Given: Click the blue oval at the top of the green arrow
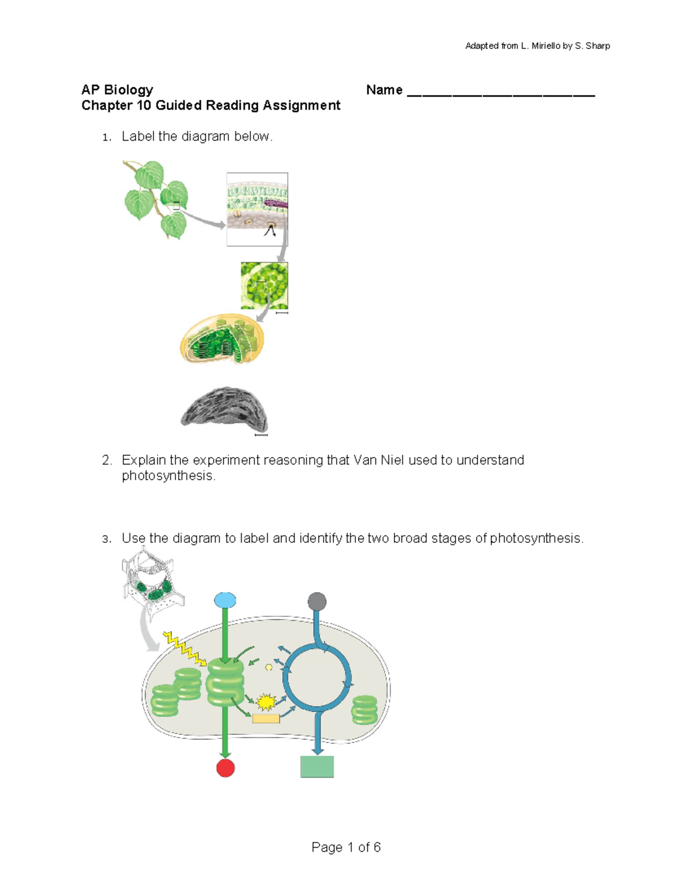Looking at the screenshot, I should pos(225,601).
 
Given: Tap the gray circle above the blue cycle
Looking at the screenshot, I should pos(317,602).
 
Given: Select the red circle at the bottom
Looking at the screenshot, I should pos(225,768).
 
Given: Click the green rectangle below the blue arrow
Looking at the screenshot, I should pos(317,766).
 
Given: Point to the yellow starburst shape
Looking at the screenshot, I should pos(266,702).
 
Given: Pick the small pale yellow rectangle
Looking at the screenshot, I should pos(266,718).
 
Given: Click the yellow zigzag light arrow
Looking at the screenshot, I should pos(184,648).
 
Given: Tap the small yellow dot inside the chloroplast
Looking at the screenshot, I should pos(269,667).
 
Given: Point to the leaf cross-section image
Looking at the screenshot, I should pos(257,209).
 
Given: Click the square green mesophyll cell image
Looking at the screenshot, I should pos(264,286).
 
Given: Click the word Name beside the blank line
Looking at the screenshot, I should pos(384,90).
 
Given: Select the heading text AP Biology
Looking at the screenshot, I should pos(117,90).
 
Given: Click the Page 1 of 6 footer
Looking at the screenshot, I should pos(346,847).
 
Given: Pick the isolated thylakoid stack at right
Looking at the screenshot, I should pos(364,710).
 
